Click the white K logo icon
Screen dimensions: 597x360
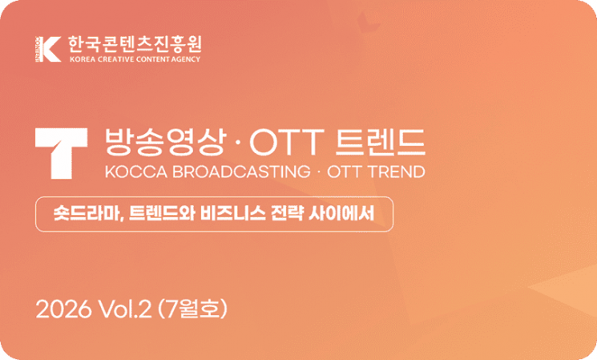click(48, 49)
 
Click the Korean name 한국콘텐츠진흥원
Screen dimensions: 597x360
click(135, 45)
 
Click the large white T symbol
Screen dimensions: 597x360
click(61, 153)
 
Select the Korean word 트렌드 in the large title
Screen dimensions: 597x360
click(381, 142)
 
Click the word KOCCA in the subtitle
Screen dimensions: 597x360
click(136, 172)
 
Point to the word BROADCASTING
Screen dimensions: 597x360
click(241, 172)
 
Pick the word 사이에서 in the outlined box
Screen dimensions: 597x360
click(341, 213)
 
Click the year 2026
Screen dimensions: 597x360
click(63, 309)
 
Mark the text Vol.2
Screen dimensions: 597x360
click(125, 309)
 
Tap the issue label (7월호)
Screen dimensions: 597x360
click(192, 309)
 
